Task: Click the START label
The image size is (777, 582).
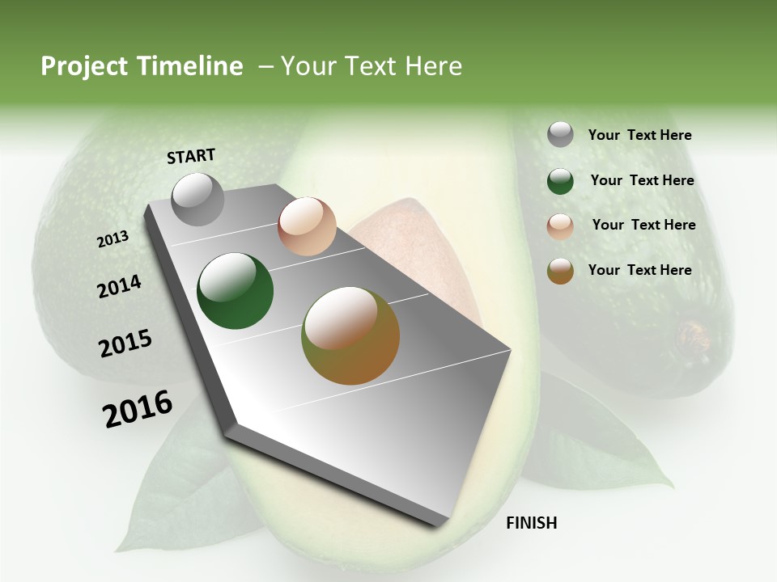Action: click(191, 156)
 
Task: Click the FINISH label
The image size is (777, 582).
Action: click(531, 523)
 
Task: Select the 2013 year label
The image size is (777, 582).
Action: click(113, 239)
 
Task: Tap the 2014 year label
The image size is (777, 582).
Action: click(119, 287)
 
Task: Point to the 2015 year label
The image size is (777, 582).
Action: click(125, 344)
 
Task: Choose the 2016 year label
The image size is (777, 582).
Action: click(137, 409)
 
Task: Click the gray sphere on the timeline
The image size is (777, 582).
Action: click(197, 199)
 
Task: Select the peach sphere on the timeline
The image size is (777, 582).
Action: click(307, 226)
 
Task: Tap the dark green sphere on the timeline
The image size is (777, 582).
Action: click(235, 291)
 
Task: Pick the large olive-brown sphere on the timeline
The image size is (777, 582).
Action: click(350, 335)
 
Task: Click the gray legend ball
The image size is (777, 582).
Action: click(560, 135)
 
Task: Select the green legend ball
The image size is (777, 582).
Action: click(560, 181)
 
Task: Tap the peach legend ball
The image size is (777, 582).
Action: click(560, 226)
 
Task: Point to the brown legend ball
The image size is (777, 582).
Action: click(560, 271)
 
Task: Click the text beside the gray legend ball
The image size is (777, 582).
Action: click(639, 136)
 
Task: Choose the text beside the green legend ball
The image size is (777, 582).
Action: click(642, 180)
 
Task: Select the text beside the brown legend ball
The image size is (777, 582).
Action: click(639, 270)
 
